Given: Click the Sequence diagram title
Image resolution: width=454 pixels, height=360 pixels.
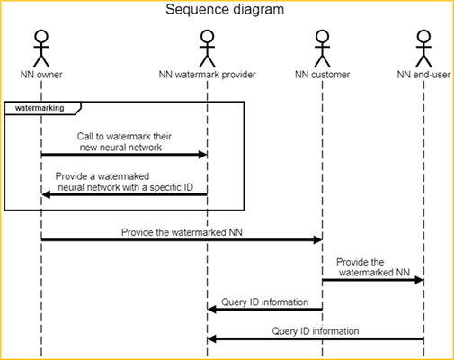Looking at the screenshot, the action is [225, 10].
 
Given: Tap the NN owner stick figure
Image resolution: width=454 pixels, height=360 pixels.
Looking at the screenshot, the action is [41, 49].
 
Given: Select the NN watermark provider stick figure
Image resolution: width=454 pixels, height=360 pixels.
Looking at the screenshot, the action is [207, 49].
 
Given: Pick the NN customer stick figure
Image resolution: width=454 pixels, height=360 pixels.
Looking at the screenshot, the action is [322, 49].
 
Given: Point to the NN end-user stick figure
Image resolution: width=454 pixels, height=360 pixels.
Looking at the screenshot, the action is [423, 49].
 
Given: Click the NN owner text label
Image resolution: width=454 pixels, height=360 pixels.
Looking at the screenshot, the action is [41, 75].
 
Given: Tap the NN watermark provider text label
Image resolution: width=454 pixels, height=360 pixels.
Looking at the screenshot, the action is [207, 75].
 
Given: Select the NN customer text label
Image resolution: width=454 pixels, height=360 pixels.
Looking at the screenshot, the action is [322, 75].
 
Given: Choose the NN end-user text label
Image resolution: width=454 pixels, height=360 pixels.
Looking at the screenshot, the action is [423, 75].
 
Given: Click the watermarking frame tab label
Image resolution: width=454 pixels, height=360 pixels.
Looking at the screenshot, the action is [40, 108].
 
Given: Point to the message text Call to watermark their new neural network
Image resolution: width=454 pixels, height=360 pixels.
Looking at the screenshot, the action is [124, 142].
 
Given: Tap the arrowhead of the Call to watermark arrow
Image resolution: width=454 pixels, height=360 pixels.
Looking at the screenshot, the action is [202, 155].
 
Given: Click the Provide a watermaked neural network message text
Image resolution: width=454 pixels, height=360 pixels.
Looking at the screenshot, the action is [124, 182].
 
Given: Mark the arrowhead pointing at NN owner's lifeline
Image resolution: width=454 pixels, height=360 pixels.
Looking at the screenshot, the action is [46, 194].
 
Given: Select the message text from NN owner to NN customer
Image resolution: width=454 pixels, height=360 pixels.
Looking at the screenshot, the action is [182, 232].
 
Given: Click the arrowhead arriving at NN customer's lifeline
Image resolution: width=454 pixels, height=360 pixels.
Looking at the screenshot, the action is [317, 239].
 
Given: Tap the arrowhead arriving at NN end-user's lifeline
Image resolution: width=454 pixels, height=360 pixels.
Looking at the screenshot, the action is [419, 280].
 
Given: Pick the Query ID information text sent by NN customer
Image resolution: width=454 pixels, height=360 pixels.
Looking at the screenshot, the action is [264, 302].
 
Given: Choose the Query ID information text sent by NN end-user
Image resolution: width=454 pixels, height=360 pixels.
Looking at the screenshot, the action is [316, 331].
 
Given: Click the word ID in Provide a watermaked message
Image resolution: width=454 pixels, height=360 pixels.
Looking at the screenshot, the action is [188, 187].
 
